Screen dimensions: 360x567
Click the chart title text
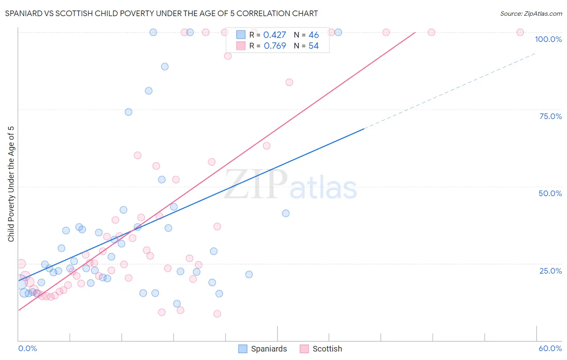161,13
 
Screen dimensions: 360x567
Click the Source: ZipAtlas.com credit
531,13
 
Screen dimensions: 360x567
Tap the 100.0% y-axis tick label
548,39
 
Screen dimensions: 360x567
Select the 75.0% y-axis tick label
550,116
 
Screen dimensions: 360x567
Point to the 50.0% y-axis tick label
550,193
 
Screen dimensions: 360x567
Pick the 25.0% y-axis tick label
550,270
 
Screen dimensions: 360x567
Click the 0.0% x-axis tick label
27,348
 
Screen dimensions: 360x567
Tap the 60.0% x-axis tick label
550,348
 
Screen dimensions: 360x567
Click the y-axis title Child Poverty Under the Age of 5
11,184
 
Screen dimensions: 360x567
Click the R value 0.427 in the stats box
275,35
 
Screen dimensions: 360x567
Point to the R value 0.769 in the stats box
275,46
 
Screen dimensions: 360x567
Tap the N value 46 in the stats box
314,35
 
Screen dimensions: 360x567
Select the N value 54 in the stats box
314,46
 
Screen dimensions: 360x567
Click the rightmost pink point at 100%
520,32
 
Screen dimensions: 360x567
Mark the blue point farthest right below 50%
286,213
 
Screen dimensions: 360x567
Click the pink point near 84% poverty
289,82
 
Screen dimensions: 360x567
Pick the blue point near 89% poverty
165,67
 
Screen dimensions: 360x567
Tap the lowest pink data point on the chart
217,314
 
